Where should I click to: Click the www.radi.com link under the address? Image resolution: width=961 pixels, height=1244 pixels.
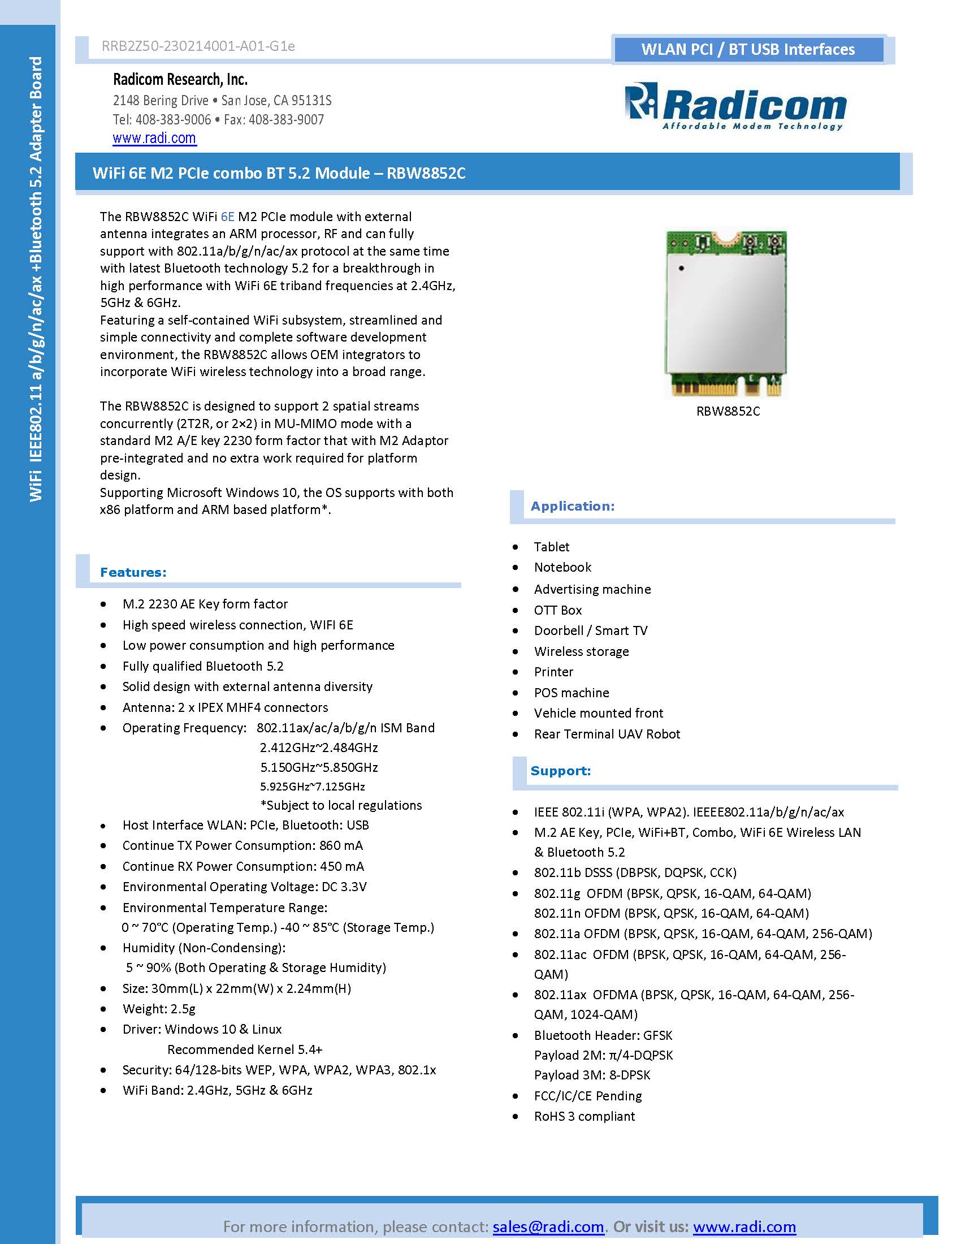coord(154,139)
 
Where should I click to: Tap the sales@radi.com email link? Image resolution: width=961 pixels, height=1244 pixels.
coord(548,1226)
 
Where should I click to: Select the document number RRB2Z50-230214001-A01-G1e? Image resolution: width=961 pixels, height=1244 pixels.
coord(198,46)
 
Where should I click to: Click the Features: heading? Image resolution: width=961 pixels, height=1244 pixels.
coord(133,572)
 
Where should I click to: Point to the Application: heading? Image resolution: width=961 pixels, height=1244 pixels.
coord(572,507)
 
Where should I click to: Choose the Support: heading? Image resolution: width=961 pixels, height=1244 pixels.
coord(560,771)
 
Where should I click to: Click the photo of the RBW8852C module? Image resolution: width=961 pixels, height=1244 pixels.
coord(726,313)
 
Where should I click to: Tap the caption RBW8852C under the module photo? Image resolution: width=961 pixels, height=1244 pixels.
coord(728,411)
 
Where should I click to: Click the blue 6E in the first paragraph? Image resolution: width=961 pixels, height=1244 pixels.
coord(227,217)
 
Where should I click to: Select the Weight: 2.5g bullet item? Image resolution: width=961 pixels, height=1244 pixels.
coord(159,1009)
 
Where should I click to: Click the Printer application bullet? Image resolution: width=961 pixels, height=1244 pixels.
coord(553,672)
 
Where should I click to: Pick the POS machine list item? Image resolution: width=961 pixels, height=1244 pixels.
coord(571,693)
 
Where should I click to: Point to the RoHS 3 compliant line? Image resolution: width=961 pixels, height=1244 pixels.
coord(584,1116)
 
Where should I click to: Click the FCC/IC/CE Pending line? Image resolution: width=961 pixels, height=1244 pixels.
coord(587,1095)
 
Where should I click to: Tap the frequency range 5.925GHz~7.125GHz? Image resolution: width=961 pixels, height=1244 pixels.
coord(312,787)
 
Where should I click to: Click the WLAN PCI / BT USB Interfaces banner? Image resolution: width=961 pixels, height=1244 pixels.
coord(747,50)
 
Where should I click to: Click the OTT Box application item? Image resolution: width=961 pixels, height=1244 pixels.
coord(557,610)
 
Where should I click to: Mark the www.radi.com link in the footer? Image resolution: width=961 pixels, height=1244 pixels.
coord(744,1226)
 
